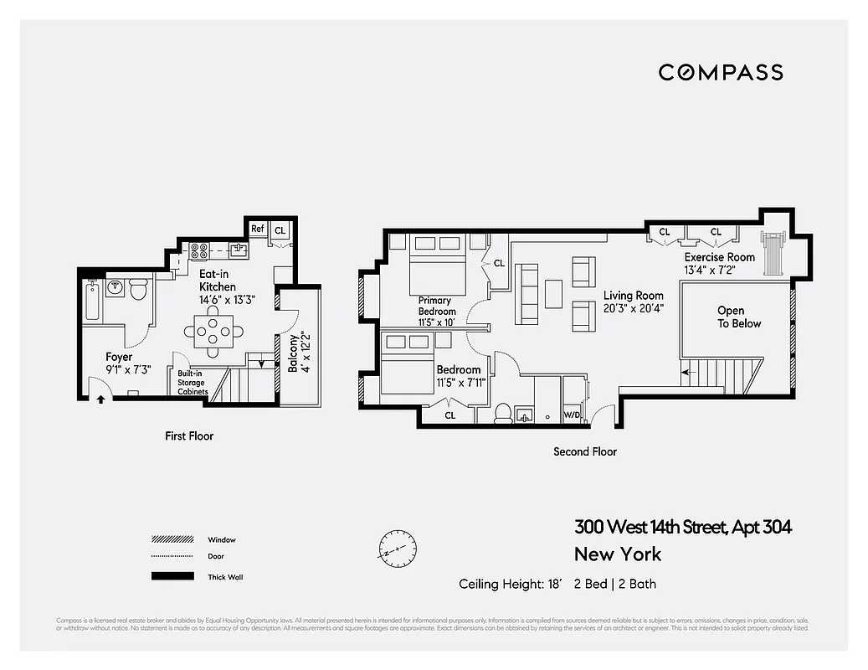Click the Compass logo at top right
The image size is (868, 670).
pyautogui.click(x=721, y=73)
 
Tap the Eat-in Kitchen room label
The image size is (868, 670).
pyautogui.click(x=217, y=281)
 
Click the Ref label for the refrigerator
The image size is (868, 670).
pyautogui.click(x=258, y=229)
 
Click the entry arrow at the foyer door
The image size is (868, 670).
pyautogui.click(x=101, y=399)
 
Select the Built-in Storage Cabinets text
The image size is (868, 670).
pyautogui.click(x=192, y=383)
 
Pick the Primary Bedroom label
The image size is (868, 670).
pyautogui.click(x=437, y=306)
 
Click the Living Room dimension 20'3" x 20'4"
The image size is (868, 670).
pyautogui.click(x=633, y=308)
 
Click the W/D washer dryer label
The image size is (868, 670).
pyautogui.click(x=573, y=415)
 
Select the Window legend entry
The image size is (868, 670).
pyautogui.click(x=222, y=540)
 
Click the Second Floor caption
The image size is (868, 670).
pyautogui.click(x=585, y=451)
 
